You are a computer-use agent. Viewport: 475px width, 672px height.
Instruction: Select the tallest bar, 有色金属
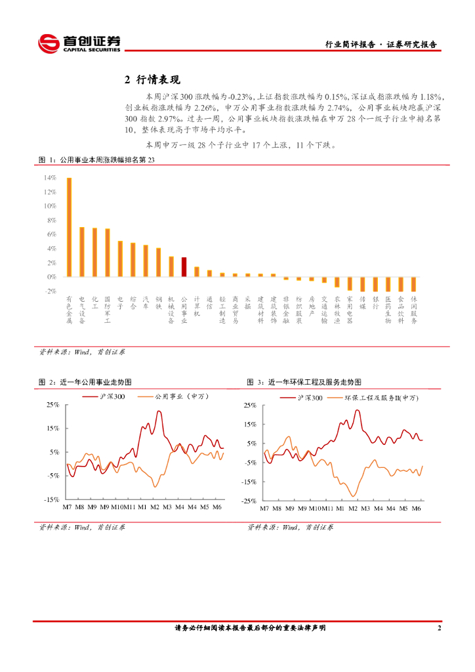pyautogui.click(x=69, y=227)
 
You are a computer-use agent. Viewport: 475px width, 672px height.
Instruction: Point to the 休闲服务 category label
pyautogui.click(x=414, y=309)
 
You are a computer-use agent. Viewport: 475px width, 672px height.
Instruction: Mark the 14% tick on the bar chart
pyautogui.click(x=49, y=178)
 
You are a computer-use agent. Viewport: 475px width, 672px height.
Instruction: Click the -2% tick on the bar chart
pyautogui.click(x=49, y=291)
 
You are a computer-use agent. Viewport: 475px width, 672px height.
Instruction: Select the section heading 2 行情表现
pyautogui.click(x=152, y=80)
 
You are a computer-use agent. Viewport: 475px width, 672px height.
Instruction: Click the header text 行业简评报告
pyautogui.click(x=350, y=45)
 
